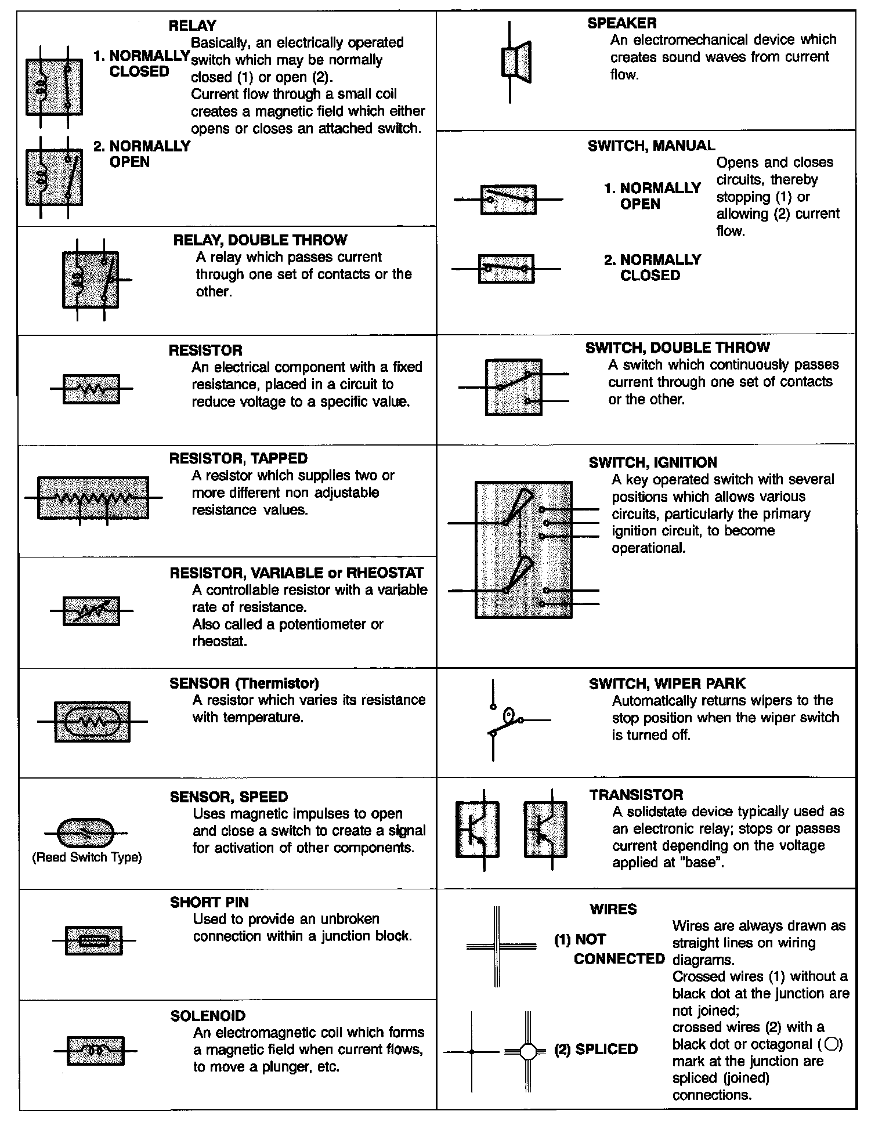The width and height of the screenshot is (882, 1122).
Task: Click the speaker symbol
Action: (515, 61)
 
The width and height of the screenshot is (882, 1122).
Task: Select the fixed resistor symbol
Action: (91, 389)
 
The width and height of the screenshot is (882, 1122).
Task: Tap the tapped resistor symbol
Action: (93, 498)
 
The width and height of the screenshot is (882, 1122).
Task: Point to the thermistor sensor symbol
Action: (92, 721)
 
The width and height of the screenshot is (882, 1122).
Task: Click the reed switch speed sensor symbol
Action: (87, 833)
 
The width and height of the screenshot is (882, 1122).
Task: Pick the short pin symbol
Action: (93, 940)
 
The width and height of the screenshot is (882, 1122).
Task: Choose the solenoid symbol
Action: (96, 1051)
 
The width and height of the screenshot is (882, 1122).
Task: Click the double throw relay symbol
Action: (91, 280)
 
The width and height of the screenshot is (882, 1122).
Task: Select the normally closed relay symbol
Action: (54, 87)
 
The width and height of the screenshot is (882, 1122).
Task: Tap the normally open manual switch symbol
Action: (508, 200)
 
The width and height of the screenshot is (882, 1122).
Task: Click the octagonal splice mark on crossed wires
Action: (527, 1051)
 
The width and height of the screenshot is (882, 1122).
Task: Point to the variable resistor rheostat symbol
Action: (91, 611)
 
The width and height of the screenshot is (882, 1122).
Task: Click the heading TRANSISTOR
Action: (636, 795)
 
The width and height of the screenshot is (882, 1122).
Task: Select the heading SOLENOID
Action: (208, 1016)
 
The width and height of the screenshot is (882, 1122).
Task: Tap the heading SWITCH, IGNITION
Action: (653, 462)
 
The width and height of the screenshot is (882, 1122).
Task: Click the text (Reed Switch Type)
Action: (87, 857)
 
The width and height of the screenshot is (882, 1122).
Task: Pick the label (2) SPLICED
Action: (596, 1049)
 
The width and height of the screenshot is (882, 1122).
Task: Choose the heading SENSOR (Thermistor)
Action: (244, 683)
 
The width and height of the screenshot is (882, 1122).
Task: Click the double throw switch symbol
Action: (514, 387)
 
